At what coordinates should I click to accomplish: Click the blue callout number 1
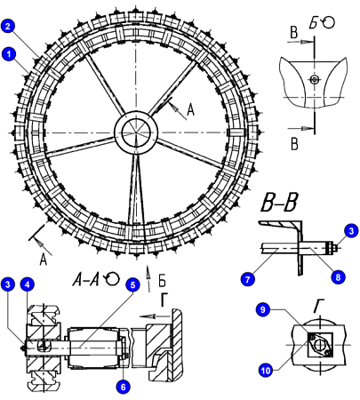[x=9, y=54]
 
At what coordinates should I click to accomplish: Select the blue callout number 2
[x=8, y=26]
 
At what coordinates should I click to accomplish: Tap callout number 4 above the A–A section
[x=28, y=284]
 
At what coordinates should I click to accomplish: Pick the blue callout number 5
[x=132, y=284]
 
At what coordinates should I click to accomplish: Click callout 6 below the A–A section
[x=123, y=386]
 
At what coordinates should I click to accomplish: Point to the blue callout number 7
[x=248, y=279]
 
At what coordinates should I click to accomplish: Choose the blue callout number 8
[x=338, y=277]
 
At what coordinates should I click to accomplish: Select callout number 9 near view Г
[x=263, y=309]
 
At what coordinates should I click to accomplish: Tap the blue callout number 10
[x=266, y=370]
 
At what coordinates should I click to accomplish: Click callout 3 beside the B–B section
[x=351, y=231]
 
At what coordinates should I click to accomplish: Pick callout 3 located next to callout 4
[x=8, y=284]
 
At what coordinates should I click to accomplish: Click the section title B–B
[x=280, y=204]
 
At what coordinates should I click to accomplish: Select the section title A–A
[x=86, y=279]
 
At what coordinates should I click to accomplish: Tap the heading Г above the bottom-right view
[x=318, y=307]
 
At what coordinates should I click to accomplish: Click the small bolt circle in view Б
[x=315, y=79]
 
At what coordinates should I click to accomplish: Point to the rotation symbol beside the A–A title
[x=112, y=278]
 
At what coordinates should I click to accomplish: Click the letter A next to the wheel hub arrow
[x=190, y=110]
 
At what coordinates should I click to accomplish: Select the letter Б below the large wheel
[x=162, y=281]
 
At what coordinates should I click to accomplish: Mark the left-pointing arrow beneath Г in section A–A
[x=154, y=316]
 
